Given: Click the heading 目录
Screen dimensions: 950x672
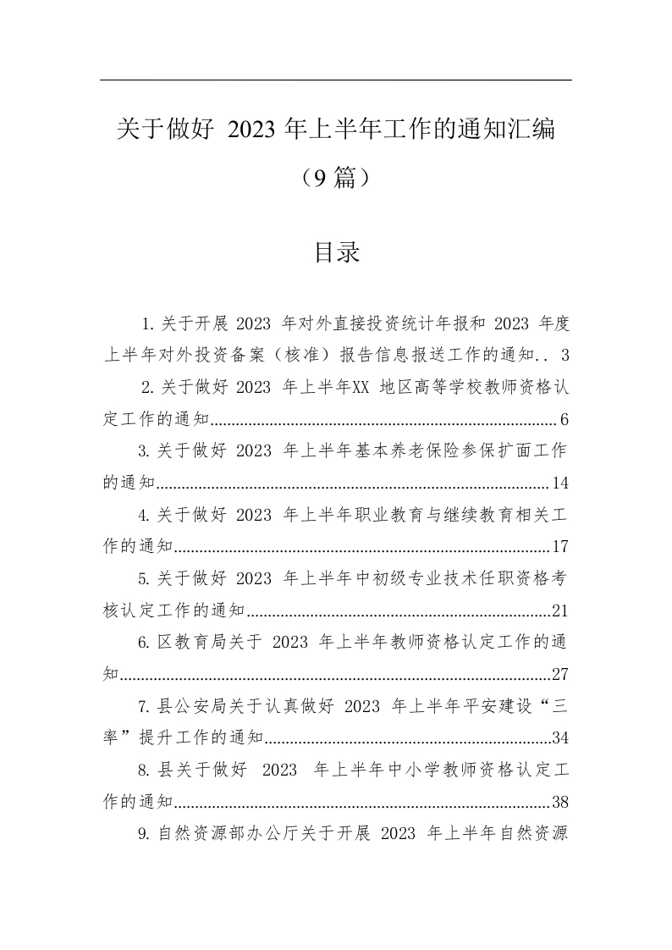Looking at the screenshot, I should [x=337, y=252].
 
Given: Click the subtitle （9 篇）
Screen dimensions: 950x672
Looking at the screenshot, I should [x=336, y=178].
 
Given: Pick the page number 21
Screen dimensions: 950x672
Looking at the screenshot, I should [x=559, y=610].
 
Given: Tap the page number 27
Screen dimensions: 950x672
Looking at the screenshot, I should [x=559, y=675].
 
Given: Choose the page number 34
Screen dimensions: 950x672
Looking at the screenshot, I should [x=559, y=738].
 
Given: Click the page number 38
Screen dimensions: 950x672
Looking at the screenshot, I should [x=559, y=802].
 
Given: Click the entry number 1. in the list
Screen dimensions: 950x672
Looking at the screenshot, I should [x=148, y=323].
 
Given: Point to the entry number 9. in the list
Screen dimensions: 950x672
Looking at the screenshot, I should [x=145, y=834].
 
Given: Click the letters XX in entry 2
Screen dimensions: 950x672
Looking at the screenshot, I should [x=364, y=388].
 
